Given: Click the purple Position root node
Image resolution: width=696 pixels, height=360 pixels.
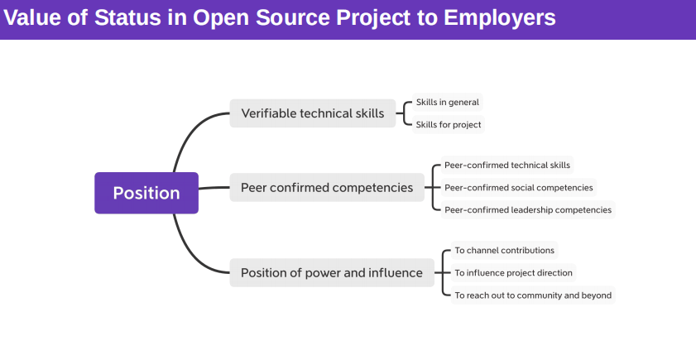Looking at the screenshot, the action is click(146, 193).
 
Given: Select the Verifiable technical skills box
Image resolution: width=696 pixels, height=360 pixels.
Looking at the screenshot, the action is click(313, 113).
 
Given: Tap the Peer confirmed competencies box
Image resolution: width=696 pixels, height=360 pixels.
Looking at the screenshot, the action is click(327, 187).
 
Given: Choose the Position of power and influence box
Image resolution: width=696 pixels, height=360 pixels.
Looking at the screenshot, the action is click(332, 272).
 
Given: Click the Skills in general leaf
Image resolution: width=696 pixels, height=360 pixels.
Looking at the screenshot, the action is click(448, 102).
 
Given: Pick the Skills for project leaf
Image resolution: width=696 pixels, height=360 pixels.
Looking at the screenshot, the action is click(449, 125).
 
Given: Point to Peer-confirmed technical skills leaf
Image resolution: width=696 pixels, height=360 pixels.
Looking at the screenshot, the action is click(507, 166).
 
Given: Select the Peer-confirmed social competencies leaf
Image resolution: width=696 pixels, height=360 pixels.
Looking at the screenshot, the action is click(518, 188).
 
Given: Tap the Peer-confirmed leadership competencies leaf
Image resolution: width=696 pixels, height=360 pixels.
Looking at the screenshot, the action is click(528, 210).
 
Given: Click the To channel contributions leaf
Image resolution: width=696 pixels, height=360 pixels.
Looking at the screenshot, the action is click(504, 251).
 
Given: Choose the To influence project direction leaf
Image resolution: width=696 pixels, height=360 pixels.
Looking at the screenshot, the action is click(514, 273).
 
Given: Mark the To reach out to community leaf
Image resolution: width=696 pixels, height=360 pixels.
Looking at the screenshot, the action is click(533, 295).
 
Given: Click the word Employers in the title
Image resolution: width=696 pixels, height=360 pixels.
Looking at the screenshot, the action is click(500, 17).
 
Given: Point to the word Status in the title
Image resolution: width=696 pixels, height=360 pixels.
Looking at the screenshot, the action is click(127, 17).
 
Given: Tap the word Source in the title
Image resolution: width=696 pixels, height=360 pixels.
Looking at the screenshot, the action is click(293, 17).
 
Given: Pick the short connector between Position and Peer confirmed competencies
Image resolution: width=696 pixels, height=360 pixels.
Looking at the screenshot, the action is click(214, 188).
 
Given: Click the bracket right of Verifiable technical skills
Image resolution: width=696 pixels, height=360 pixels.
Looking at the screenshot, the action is click(404, 113).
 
